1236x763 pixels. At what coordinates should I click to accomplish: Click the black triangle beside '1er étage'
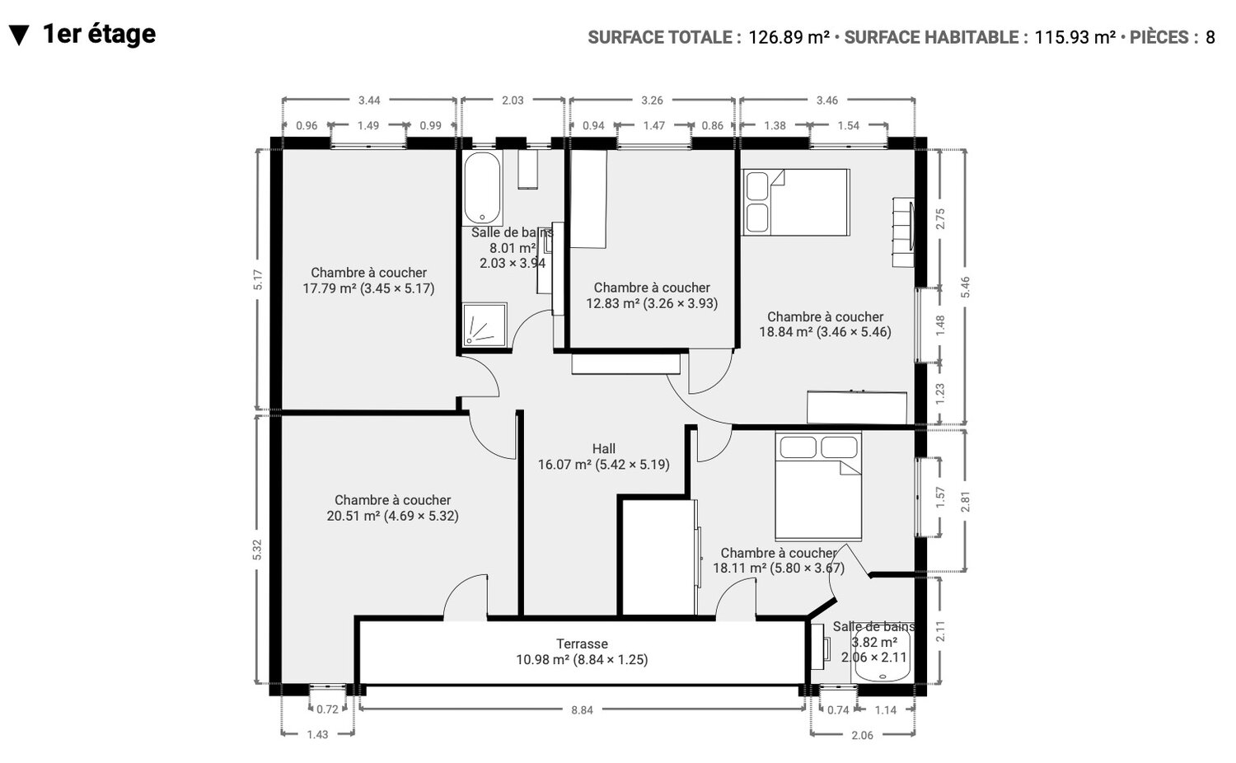point(19,35)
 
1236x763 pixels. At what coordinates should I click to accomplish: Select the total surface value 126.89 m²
point(789,37)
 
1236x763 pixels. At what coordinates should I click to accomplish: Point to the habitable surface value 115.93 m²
point(1074,37)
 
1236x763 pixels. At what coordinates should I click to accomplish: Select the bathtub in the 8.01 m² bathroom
point(483,188)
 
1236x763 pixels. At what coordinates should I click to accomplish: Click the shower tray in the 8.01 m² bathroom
point(485,325)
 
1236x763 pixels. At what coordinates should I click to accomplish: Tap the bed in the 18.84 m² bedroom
point(796,203)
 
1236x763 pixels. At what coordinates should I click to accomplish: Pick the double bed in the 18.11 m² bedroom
point(818,486)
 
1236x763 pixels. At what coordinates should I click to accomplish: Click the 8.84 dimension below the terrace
point(582,710)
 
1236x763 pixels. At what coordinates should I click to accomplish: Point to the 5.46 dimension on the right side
point(965,287)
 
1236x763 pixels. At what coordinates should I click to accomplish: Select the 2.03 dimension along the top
point(513,101)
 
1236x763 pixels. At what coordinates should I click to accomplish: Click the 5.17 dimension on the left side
point(258,279)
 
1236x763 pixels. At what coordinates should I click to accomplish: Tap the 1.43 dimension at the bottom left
point(317,734)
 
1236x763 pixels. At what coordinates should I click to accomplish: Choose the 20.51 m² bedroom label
point(392,508)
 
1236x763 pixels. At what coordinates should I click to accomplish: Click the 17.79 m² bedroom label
point(368,280)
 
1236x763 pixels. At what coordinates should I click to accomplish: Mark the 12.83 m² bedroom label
point(652,295)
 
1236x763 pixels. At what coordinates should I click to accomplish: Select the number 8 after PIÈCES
point(1210,37)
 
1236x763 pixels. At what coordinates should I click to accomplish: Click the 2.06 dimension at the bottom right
point(863,735)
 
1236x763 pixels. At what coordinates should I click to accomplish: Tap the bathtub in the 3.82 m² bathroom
point(881,657)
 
